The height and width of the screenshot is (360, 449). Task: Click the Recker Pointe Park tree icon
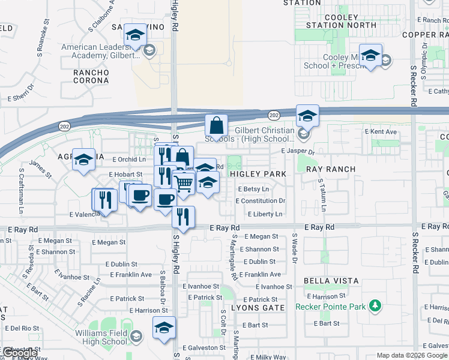(375, 306)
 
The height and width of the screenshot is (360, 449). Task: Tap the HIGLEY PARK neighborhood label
(258, 174)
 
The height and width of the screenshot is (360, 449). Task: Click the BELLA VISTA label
(331, 281)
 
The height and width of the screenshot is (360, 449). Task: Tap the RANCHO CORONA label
(91, 77)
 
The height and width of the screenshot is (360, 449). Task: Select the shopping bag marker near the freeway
(216, 126)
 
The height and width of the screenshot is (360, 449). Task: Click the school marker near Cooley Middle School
(371, 56)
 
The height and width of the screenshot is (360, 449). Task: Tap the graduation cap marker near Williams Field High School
(163, 328)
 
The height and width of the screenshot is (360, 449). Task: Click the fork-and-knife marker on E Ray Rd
(184, 217)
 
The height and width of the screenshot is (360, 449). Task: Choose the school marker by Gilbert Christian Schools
(307, 115)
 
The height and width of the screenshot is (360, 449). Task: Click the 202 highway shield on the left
(64, 125)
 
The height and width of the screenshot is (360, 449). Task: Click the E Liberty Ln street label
(265, 214)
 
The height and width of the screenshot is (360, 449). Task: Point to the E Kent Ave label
(381, 132)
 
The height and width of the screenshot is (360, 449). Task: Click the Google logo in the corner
(20, 353)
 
